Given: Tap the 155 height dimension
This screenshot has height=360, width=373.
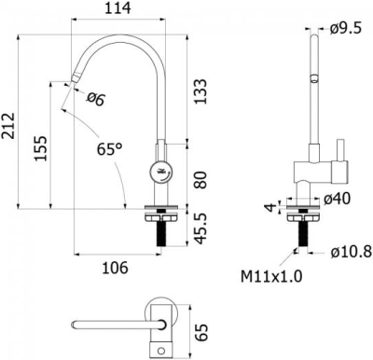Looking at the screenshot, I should point(39,147).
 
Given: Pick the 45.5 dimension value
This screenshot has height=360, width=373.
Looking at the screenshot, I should point(199,228).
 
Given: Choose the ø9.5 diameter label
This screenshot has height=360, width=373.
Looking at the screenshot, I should point(346,28).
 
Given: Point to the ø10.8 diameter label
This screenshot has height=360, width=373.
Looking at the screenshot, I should point(351,252).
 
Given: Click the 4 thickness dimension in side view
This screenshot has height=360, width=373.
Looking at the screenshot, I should point(268,207).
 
